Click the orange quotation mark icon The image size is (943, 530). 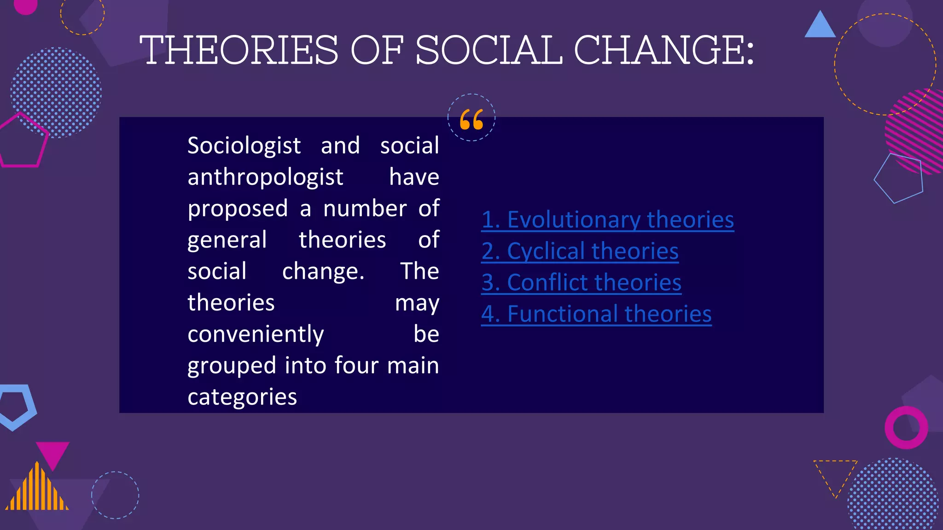coord(471,119)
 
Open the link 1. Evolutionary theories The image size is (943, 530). coord(607,219)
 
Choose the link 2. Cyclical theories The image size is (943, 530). coord(580,251)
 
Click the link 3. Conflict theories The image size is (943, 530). coord(581,282)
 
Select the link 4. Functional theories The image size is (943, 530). coord(596,314)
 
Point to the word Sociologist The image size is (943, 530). coord(244,146)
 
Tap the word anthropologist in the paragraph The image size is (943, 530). coord(265,177)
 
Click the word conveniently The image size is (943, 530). coord(256,334)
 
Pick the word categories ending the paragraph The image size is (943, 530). coord(242,397)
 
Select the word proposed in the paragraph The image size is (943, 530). coord(238,208)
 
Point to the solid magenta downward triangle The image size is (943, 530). coord(52,453)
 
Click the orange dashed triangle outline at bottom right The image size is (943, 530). coord(835,474)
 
